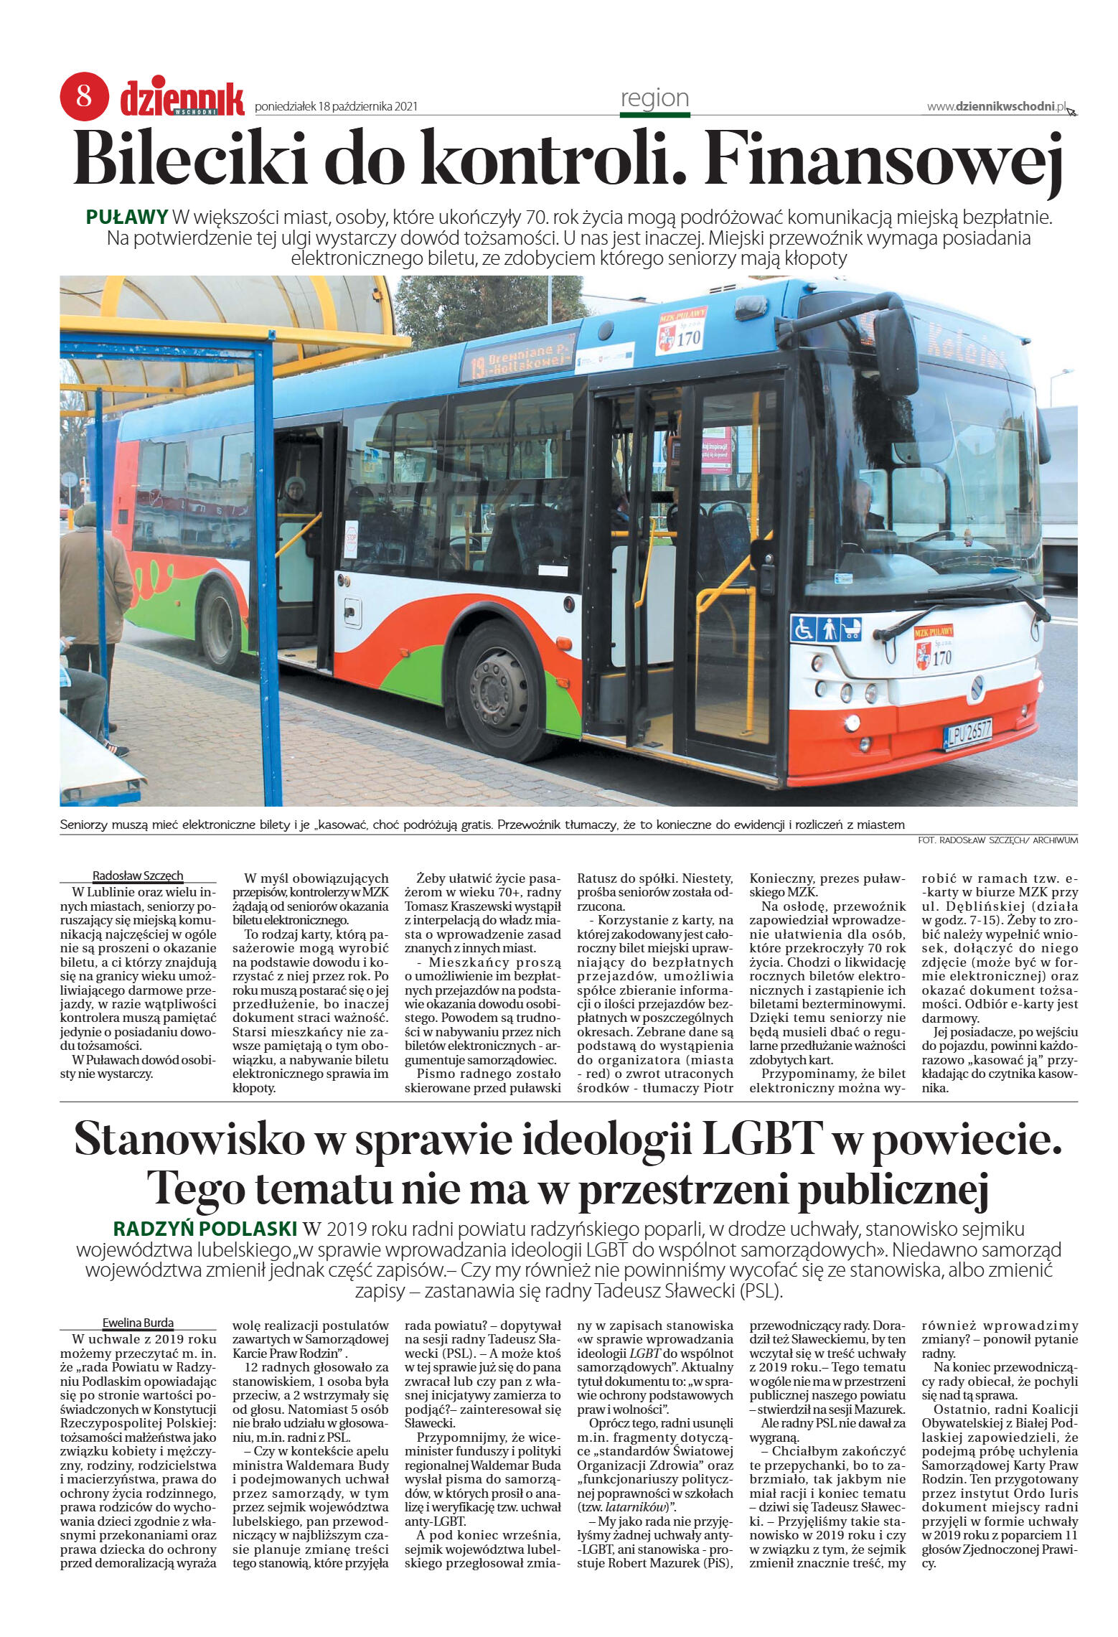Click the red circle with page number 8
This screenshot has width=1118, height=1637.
84,95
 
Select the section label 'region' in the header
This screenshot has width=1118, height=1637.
654,98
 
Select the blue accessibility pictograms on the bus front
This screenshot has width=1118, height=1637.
825,629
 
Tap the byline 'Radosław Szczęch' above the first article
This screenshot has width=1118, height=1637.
138,876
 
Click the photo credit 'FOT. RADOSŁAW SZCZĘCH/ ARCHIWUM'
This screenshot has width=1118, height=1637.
997,840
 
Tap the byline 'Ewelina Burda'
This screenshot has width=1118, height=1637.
138,1323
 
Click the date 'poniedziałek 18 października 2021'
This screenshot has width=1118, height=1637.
337,107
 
